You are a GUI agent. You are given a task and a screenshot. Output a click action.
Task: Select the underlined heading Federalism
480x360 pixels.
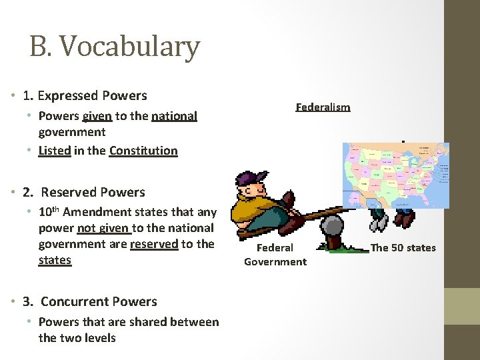click(x=323, y=107)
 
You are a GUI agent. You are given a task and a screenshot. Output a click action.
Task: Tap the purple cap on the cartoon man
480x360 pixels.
click(x=252, y=178)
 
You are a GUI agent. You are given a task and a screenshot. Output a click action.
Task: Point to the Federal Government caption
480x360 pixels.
click(x=275, y=254)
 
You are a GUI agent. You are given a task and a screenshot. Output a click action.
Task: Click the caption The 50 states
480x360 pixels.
click(x=403, y=247)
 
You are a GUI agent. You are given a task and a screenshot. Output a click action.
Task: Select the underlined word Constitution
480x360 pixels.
click(x=143, y=150)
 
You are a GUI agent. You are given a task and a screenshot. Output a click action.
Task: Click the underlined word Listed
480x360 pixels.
click(x=55, y=150)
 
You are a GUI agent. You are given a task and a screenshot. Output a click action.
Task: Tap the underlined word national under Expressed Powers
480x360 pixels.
click(x=174, y=116)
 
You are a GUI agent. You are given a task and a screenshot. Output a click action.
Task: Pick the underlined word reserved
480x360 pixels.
click(x=154, y=243)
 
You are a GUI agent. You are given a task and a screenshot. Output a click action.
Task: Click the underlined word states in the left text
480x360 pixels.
click(x=55, y=259)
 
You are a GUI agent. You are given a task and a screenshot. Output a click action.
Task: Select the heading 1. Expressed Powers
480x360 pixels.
click(x=85, y=95)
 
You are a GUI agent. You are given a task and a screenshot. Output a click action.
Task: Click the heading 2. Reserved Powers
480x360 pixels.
click(x=83, y=192)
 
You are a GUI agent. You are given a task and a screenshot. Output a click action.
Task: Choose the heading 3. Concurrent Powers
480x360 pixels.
click(x=89, y=301)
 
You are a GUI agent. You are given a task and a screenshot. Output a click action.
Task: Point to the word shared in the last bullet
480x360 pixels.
click(x=141, y=321)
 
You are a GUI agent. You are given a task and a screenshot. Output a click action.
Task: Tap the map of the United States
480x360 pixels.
click(x=396, y=175)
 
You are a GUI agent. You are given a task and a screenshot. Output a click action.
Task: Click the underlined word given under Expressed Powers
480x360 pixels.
click(x=97, y=116)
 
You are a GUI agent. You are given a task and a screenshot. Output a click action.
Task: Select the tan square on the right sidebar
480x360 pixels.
click(x=462, y=306)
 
